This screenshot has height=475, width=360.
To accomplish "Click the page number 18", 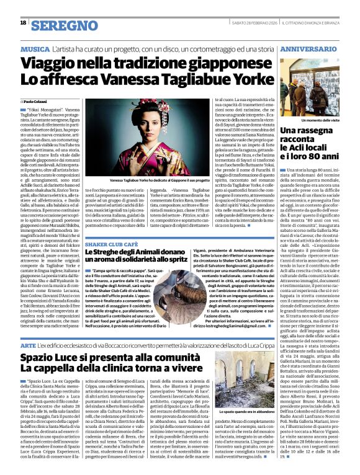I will (x=23, y=22).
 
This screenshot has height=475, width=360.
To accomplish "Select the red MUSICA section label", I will (x=35, y=48).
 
